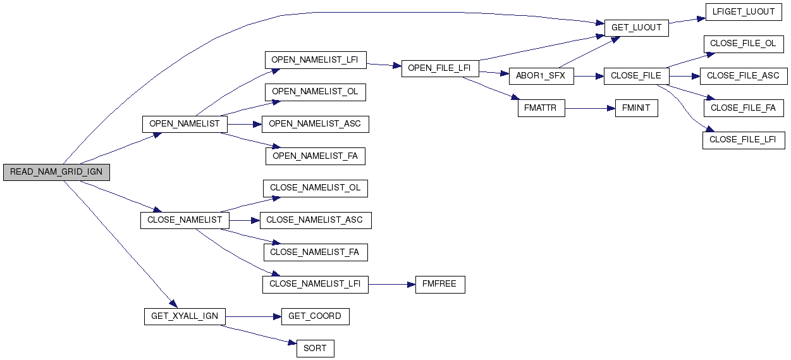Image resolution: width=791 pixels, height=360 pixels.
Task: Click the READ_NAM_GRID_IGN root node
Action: [56, 172]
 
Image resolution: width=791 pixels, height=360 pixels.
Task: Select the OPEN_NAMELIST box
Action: [184, 123]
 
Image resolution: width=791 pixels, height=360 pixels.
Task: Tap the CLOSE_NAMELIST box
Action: [184, 220]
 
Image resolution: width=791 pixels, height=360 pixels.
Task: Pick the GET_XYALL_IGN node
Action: [184, 316]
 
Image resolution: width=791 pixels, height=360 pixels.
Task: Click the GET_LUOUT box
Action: [636, 28]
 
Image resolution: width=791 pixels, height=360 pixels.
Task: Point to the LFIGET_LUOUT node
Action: [743, 12]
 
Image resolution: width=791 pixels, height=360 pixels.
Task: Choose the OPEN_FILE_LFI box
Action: [439, 68]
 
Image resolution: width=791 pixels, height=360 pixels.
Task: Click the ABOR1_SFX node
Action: [541, 76]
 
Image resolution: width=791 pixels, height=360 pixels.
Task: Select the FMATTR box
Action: [541, 108]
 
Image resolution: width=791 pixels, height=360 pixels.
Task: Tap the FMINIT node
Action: [637, 108]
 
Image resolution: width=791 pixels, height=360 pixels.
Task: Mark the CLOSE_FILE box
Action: [636, 76]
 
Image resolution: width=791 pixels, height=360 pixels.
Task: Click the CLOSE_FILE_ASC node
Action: [743, 76]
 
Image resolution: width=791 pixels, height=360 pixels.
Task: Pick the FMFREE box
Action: [439, 284]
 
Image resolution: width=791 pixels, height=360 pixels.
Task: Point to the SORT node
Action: [315, 349]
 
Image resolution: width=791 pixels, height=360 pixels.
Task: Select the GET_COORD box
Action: [315, 316]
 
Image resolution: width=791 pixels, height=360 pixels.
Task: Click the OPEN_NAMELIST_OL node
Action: [315, 92]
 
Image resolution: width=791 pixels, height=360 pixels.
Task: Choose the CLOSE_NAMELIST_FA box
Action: [315, 252]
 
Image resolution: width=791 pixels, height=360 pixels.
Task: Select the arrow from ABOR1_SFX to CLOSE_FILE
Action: [588, 76]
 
